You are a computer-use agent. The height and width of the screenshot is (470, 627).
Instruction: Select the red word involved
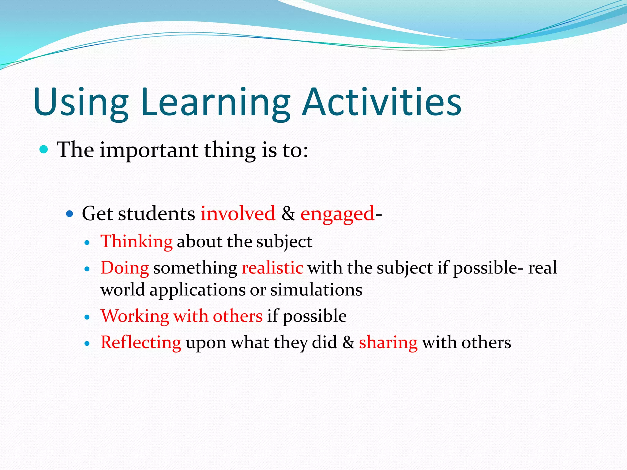(x=238, y=213)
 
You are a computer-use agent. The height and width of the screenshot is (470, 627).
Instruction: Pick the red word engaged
(x=337, y=214)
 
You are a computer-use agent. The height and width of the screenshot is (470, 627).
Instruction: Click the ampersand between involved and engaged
(x=288, y=213)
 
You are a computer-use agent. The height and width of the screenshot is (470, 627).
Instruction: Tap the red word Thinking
(x=137, y=241)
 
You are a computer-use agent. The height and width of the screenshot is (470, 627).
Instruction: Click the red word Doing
(x=125, y=268)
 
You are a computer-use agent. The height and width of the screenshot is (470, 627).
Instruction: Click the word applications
(x=197, y=290)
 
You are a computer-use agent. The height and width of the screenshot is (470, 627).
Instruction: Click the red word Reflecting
(x=141, y=342)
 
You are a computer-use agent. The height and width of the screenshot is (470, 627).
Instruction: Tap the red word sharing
(x=388, y=343)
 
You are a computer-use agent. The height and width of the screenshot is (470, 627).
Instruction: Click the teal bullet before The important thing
(x=44, y=150)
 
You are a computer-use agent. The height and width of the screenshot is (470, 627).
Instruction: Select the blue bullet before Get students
(x=70, y=213)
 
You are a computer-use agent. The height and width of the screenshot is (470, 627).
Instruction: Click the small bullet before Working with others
(x=87, y=317)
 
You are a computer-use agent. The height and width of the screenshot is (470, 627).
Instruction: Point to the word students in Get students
(x=156, y=213)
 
